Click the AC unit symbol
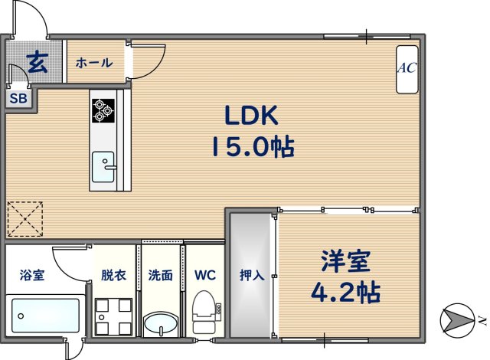pos(406,68)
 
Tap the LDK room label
pos(252,116)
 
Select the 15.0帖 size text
pos(253,147)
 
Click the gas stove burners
pos(103,110)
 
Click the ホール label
pos(94,63)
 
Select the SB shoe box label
pos(18,99)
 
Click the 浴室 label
pos(32,275)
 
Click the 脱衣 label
pos(113,275)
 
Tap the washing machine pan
pos(114,316)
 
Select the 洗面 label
pos(160,275)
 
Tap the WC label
pos(204,275)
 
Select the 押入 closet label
pos(252,275)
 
